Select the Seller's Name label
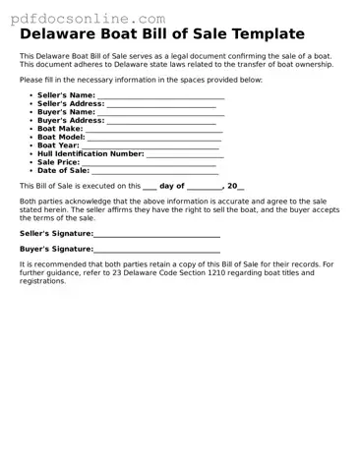pyautogui.click(x=66, y=95)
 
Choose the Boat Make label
pyautogui.click(x=60, y=129)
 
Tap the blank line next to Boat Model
pyautogui.click(x=154, y=138)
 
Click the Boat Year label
pyautogui.click(x=59, y=145)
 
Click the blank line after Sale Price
pyautogui.click(x=149, y=162)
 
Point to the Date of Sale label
pyautogui.click(x=63, y=170)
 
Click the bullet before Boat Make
pyautogui.click(x=31, y=129)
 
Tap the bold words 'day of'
pyautogui.click(x=171, y=185)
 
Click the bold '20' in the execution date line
pyautogui.click(x=233, y=185)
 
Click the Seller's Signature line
pyautogui.click(x=156, y=236)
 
